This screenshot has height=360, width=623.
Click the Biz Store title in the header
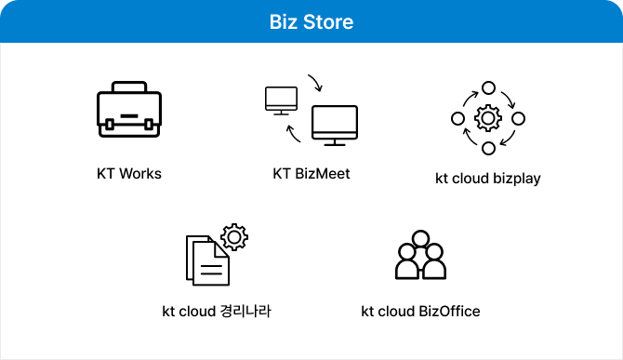311,20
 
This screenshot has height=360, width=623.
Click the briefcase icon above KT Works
129,114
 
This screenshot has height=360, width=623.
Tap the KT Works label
129,173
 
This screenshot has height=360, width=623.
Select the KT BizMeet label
311,173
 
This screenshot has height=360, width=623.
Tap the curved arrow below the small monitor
292,136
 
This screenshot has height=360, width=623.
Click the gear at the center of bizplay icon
488,119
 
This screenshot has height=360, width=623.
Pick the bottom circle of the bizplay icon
488,149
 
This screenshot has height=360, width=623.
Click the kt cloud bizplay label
488,178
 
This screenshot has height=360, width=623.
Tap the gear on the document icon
233,238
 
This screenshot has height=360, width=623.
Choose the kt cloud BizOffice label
420,311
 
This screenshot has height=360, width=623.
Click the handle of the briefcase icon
129,91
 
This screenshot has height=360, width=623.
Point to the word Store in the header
332,20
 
